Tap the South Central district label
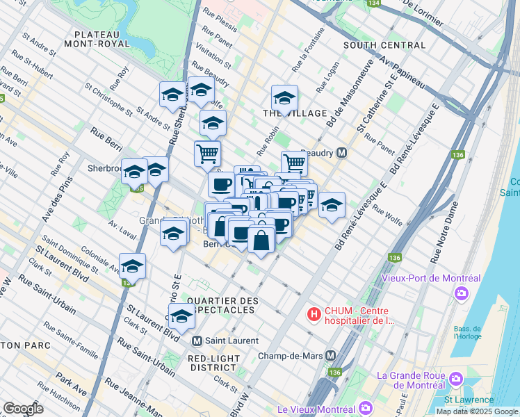point(384,45)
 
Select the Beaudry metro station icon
point(341,152)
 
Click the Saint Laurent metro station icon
point(197,341)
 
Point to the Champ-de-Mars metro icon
point(331,355)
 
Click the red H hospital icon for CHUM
point(314,315)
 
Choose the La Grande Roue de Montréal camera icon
point(456,379)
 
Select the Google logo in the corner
point(23,409)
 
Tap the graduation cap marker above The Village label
point(284,98)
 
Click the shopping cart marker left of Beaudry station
point(294,163)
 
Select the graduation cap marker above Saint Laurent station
point(181,316)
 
